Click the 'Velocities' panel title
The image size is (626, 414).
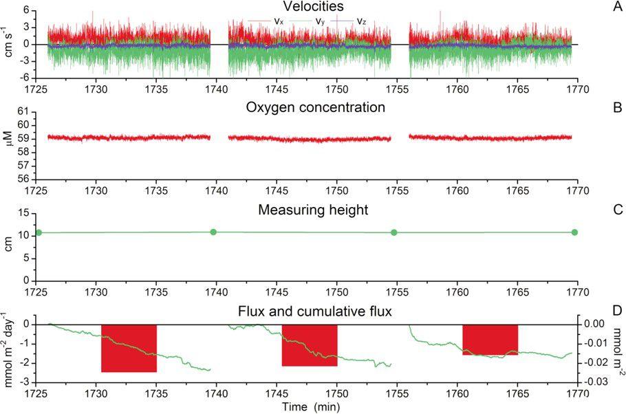pos(312,7)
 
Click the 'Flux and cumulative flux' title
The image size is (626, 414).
pos(312,312)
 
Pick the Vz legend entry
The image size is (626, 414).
pos(353,21)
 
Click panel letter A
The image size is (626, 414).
pos(617,7)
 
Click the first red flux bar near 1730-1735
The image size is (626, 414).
pos(129,347)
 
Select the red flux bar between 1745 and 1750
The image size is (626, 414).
pos(310,345)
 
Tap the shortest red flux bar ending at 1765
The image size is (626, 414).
pos(490,339)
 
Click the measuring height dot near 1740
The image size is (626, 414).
pos(213,232)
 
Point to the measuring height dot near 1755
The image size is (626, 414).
pos(394,232)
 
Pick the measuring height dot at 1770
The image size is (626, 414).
pos(574,232)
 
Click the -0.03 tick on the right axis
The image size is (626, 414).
pos(596,382)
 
